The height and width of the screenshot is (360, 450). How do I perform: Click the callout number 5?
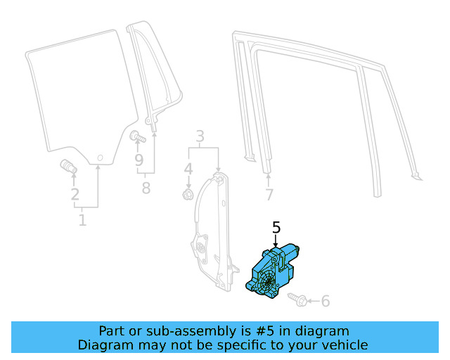[276, 227]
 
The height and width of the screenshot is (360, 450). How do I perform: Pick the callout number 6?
[325, 301]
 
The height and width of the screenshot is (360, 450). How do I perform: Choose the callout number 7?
[269, 195]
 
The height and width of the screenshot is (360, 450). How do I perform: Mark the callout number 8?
[146, 188]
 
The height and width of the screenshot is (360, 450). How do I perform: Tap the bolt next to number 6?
[297, 300]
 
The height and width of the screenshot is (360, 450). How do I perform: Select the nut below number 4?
[188, 193]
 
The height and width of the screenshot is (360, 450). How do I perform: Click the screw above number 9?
[136, 136]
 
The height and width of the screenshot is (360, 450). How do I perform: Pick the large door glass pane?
[77, 91]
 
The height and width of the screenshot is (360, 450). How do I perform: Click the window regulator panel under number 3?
[210, 232]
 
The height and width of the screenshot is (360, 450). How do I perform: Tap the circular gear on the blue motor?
[266, 285]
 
